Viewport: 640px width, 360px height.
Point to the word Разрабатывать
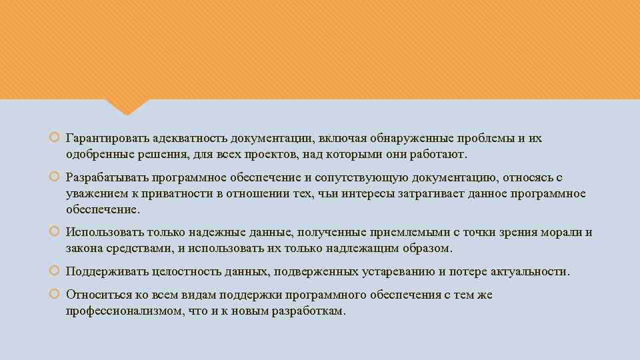click(x=106, y=178)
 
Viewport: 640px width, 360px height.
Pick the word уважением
click(x=91, y=193)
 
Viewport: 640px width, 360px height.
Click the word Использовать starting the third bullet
click(x=101, y=233)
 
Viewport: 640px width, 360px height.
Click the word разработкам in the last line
click(x=309, y=311)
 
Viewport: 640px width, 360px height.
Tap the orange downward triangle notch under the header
click(x=127, y=105)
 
